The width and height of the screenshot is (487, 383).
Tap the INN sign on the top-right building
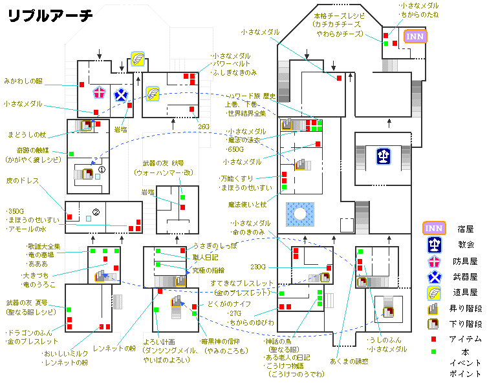pyautogui.click(x=415, y=36)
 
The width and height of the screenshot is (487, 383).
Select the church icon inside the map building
pyautogui.click(x=383, y=155)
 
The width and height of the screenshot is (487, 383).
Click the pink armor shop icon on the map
pyautogui.click(x=98, y=93)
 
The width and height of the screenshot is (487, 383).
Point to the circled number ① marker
pyautogui.click(x=101, y=170)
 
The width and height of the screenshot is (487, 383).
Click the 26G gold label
pyautogui.click(x=204, y=127)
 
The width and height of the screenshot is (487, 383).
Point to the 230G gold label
pyautogui.click(x=259, y=267)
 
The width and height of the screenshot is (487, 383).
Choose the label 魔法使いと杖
pyautogui.click(x=247, y=205)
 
